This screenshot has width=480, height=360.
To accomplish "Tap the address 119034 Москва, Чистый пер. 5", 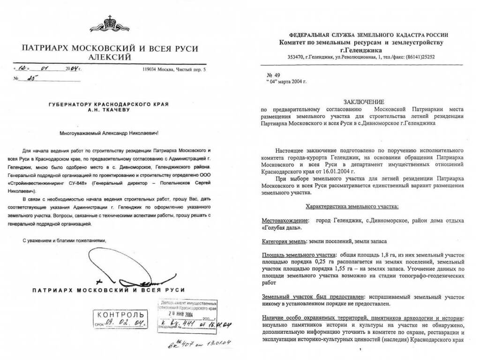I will click(x=173, y=70).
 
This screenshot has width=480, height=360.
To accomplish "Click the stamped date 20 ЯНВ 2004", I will click(x=186, y=315).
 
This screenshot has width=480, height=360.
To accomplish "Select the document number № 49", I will click(x=272, y=75).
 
